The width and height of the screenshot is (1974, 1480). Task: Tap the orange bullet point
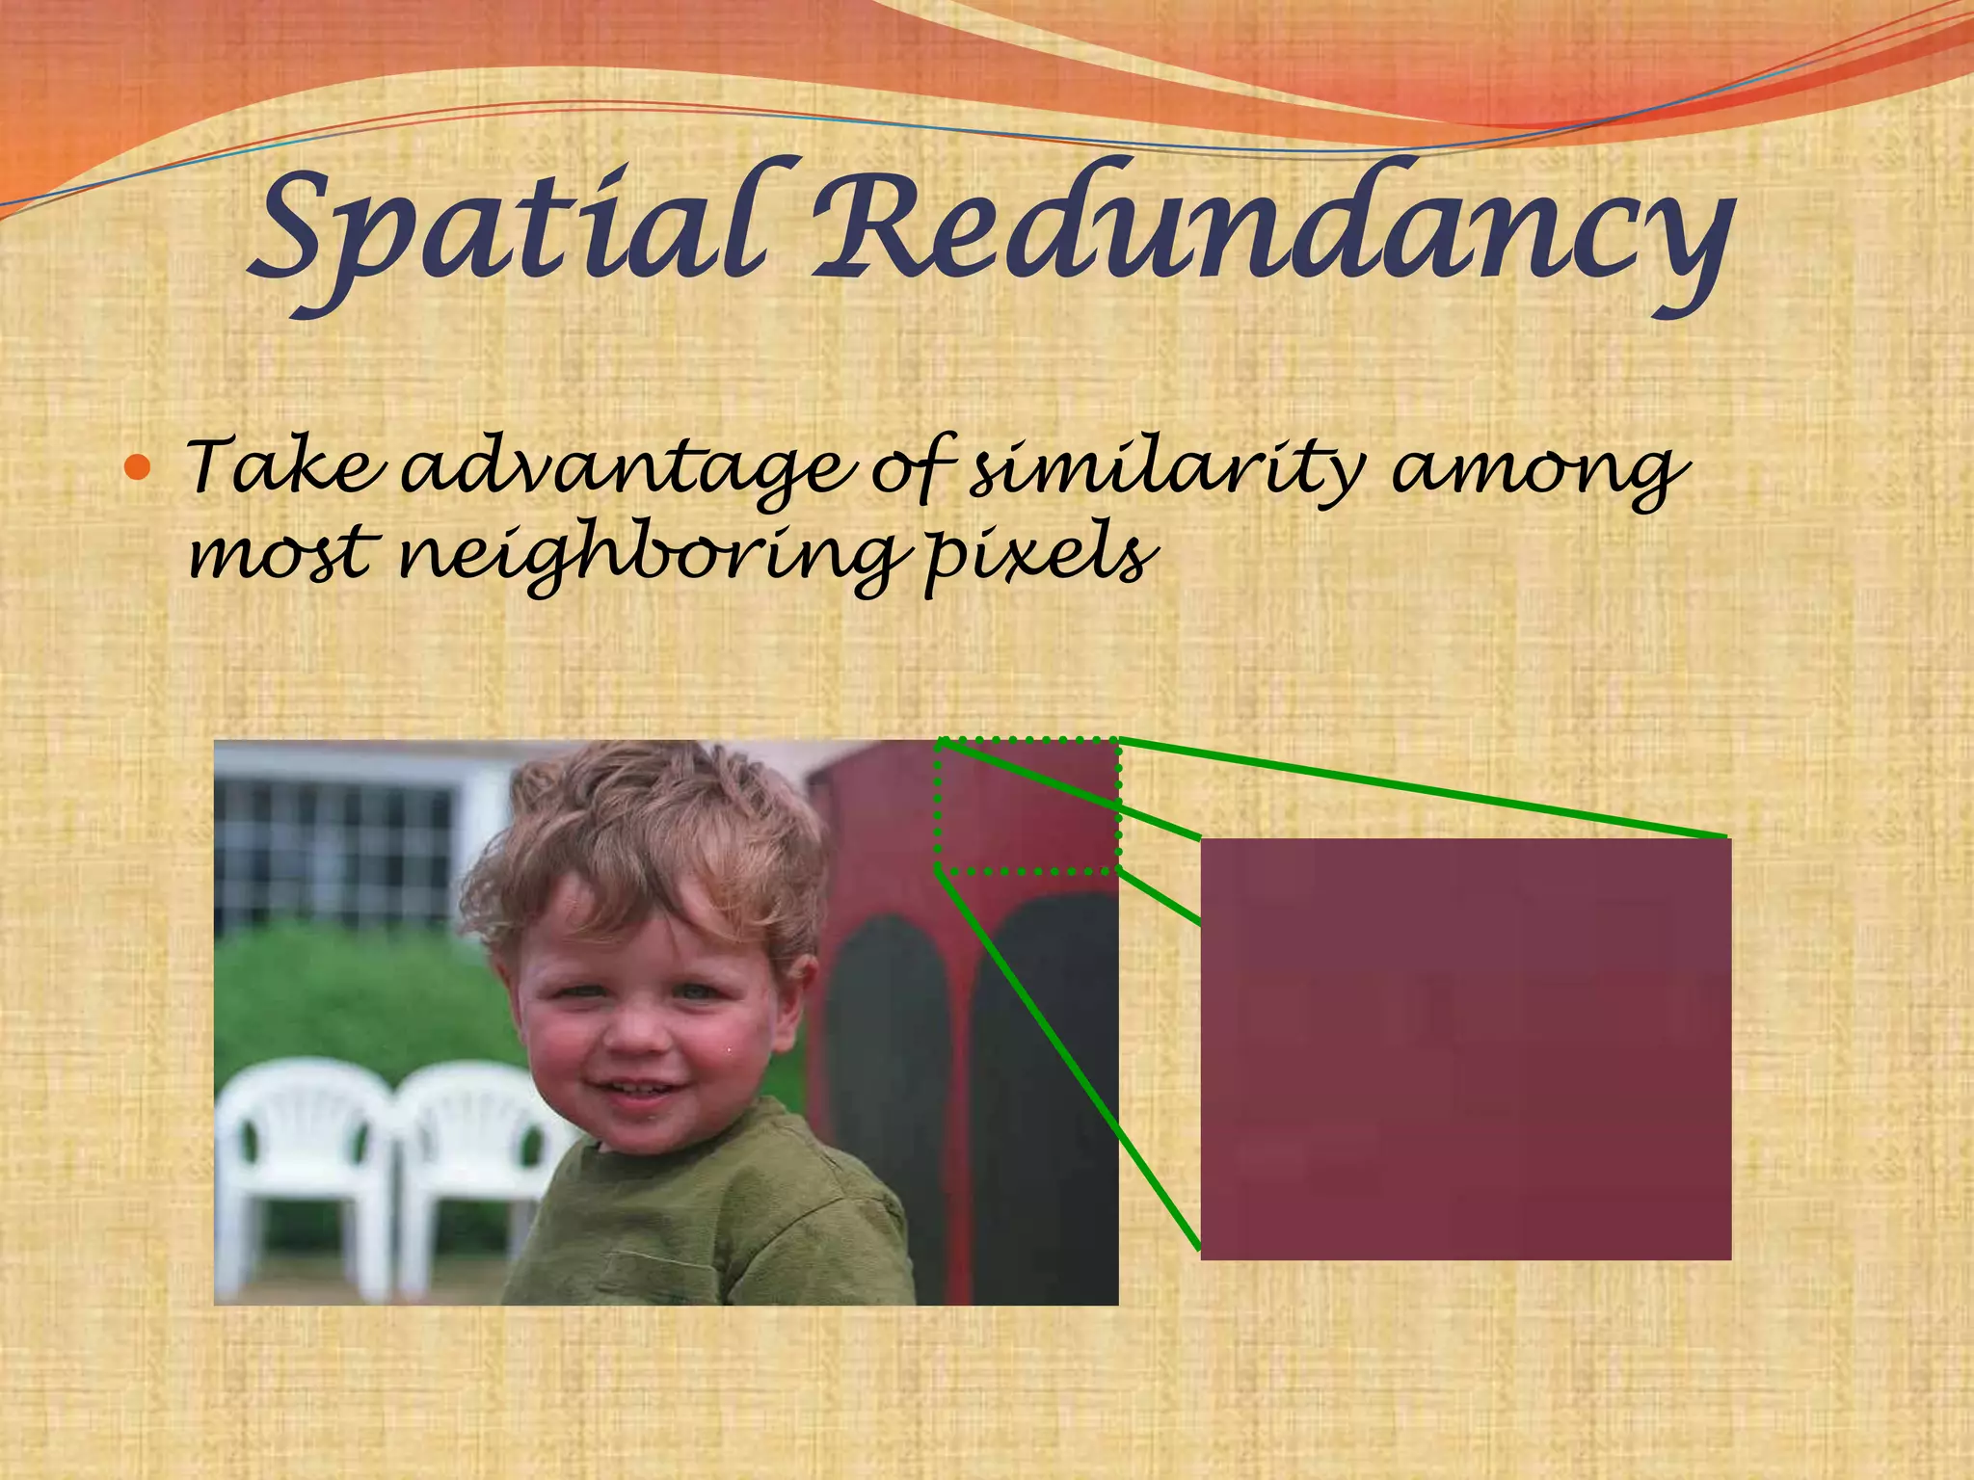(139, 468)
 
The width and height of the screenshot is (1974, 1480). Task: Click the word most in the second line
(280, 555)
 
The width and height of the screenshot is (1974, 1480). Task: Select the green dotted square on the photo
(1027, 806)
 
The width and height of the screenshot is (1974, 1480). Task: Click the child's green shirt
(713, 1224)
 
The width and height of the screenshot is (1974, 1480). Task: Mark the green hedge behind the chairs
(357, 992)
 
